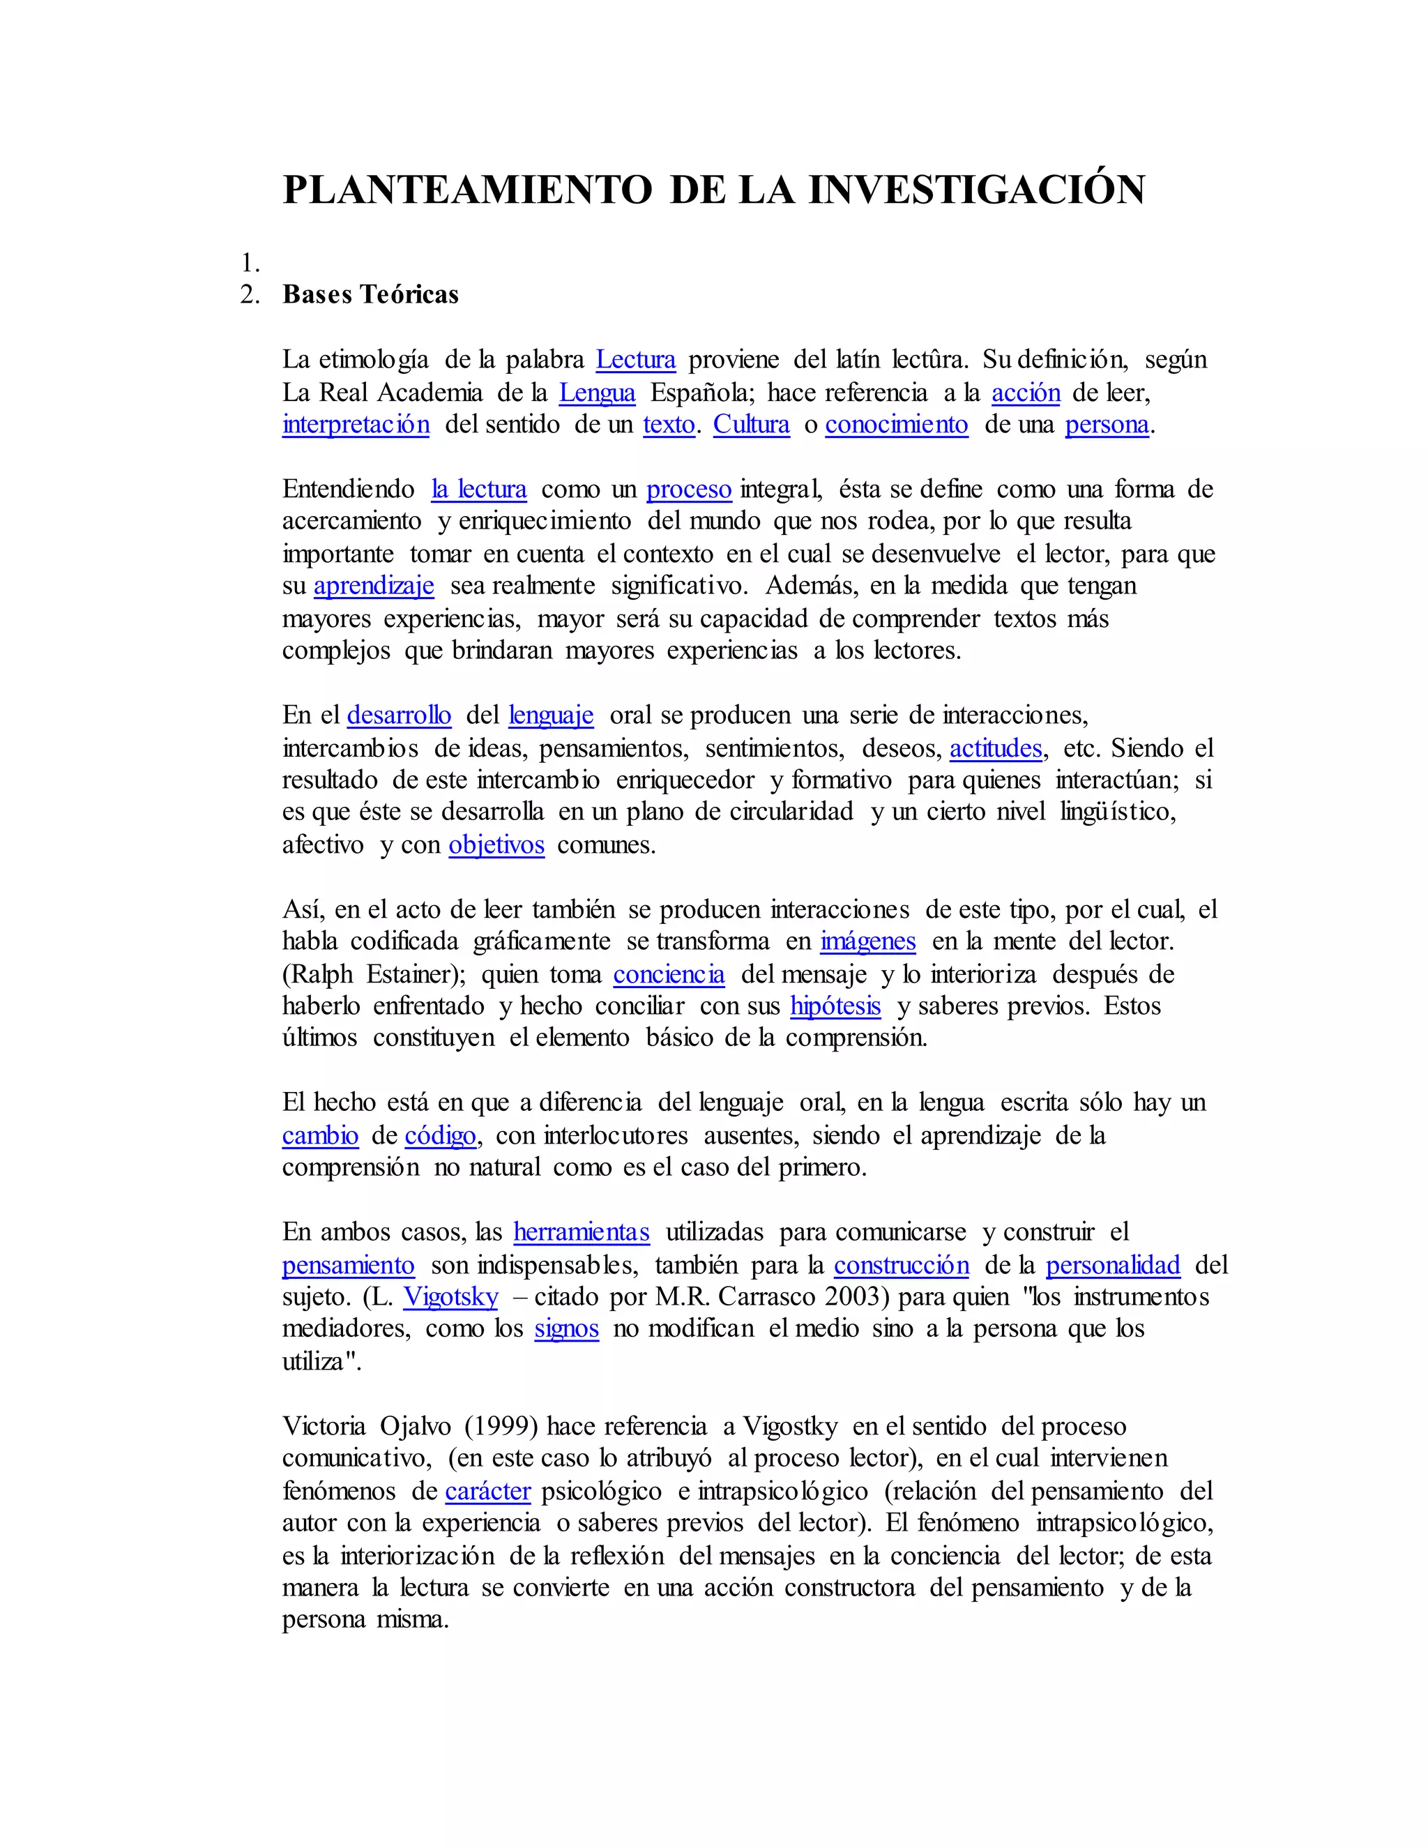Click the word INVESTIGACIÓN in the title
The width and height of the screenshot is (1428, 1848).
976,190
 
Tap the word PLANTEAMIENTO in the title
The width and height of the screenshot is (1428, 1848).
467,190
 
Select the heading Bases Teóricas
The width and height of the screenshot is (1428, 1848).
370,294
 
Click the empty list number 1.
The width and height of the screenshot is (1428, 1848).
250,262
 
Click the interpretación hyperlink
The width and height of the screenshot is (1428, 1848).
356,424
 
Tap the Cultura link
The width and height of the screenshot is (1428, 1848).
751,424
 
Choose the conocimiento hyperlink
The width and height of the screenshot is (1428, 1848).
896,424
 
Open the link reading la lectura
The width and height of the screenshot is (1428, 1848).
479,489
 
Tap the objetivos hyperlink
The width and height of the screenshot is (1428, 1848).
496,845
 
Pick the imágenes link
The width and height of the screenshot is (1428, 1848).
867,941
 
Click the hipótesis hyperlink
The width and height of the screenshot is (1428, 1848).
835,1006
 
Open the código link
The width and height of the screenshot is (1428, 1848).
440,1135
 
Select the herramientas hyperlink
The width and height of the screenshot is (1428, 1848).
582,1232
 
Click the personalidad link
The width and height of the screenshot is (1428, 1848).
1112,1265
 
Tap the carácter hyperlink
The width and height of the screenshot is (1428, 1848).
487,1491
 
